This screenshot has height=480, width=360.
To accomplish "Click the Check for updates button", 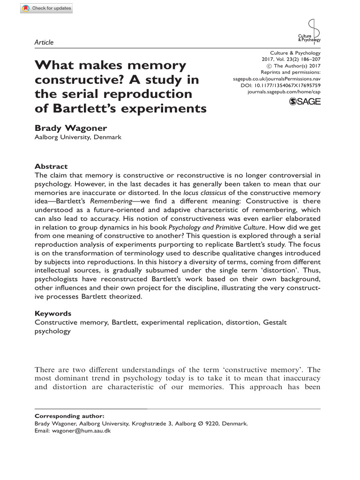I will coord(46,8).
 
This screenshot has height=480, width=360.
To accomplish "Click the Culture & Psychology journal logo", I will coord(310,32).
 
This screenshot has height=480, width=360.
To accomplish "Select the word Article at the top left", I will coord(44,42).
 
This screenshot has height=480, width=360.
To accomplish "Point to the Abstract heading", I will coord(51,166).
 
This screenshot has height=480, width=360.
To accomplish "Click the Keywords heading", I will coord(53,314).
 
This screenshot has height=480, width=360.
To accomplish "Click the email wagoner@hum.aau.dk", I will coord(81,430).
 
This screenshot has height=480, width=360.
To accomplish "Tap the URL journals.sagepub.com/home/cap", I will coord(284,93).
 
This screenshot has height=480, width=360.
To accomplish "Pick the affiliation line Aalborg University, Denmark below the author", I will coord(78,137).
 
